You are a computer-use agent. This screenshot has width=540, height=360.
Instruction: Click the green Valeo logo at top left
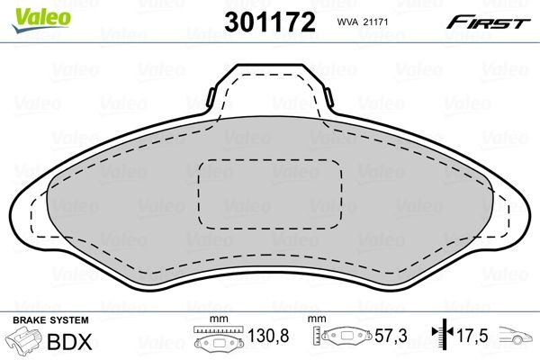coord(28,10)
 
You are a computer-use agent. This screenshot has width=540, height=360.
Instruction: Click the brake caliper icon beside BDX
coord(23,344)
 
